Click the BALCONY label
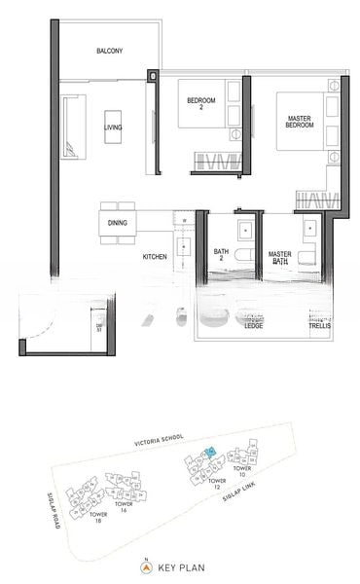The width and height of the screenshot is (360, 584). [x=109, y=51]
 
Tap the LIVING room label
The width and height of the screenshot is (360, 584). [x=114, y=127]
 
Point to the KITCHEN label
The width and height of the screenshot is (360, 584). [x=155, y=257]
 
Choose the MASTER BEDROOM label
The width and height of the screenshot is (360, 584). [x=299, y=123]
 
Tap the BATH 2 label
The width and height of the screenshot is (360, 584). [x=222, y=255]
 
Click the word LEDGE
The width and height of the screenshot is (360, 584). [x=254, y=326]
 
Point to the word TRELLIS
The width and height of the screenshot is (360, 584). [x=319, y=326]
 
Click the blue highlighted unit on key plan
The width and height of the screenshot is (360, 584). [x=210, y=454]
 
